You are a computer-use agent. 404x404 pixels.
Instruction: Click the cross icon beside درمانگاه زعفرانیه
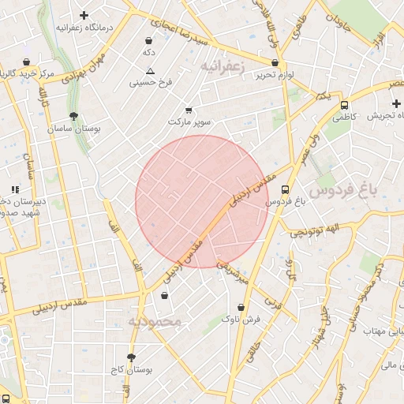(84, 14)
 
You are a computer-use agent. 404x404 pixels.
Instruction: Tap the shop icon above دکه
(148, 41)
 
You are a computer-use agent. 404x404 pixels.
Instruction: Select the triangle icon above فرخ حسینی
(150, 71)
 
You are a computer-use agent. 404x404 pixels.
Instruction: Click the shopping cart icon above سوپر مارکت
(188, 111)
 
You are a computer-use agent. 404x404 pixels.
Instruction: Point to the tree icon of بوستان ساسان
(73, 116)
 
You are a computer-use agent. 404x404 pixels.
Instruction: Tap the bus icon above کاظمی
(344, 105)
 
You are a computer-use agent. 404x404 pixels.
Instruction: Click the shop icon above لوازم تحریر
(275, 63)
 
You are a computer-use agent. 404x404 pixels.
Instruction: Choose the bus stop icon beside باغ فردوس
(285, 189)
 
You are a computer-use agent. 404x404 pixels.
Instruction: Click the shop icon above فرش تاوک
(241, 308)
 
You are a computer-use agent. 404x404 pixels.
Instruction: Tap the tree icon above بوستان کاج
(131, 357)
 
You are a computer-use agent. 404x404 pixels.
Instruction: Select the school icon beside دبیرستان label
(14, 189)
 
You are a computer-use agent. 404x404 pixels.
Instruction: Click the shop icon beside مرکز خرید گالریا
(28, 62)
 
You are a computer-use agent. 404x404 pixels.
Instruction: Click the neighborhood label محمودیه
(155, 321)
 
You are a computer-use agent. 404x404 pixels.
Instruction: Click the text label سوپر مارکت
(189, 123)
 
